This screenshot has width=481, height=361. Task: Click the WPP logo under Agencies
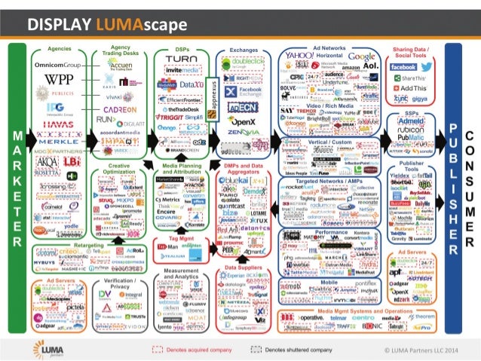60,79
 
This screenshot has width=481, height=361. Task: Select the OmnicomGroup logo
60,64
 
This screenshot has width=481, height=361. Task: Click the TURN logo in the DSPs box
181,60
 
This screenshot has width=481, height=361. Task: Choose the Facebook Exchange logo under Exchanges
244,91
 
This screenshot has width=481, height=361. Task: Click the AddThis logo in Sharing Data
410,88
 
